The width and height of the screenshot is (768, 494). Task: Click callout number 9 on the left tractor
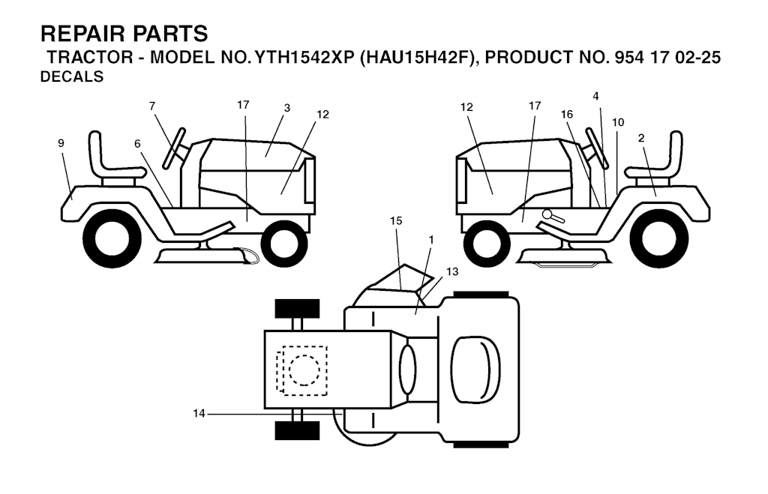tap(61, 142)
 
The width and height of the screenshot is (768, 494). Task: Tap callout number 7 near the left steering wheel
tap(152, 106)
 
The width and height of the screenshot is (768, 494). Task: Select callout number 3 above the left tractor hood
tap(286, 108)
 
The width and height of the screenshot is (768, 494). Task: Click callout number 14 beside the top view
tap(198, 412)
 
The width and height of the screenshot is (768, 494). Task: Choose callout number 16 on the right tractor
tap(567, 114)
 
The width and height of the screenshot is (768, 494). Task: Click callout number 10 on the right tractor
tap(617, 121)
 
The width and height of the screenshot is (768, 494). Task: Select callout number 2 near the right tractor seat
tap(641, 137)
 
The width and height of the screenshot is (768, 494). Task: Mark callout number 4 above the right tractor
tap(595, 96)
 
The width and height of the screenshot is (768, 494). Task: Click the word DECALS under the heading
tap(72, 76)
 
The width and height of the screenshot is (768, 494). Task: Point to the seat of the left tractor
tap(112, 160)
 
